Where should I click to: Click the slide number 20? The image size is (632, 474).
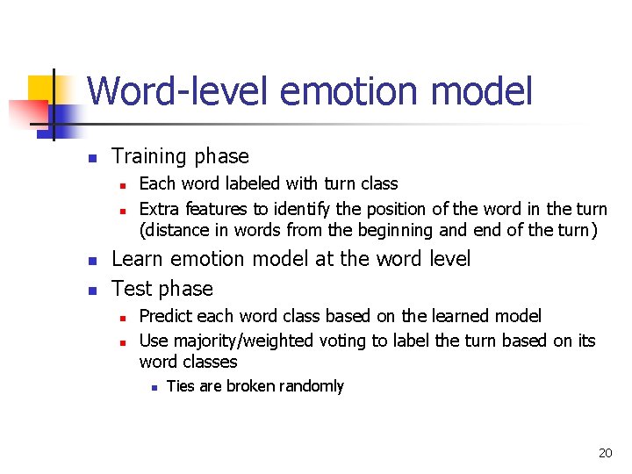click(x=605, y=453)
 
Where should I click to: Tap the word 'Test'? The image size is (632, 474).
click(x=132, y=289)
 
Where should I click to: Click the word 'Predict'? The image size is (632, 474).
click(x=168, y=316)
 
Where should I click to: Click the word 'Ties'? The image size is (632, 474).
click(x=180, y=386)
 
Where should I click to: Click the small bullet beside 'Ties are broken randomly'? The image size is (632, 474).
click(x=153, y=387)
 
